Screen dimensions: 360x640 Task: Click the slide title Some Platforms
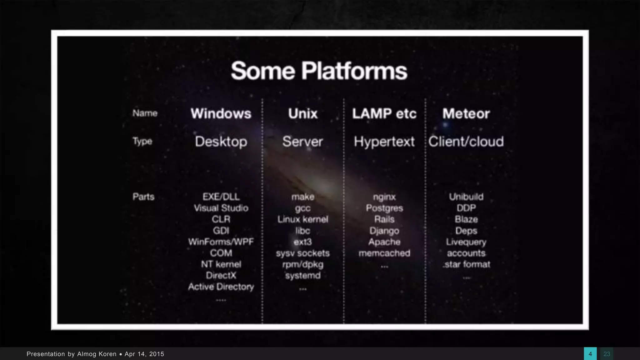[319, 71]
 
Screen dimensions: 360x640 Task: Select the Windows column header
[221, 113]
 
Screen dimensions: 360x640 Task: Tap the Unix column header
[303, 113]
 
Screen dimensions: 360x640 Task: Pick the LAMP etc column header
[384, 113]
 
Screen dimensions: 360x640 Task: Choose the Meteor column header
[466, 113]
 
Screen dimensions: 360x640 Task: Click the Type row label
[142, 141]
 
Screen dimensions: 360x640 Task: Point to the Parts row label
[143, 197]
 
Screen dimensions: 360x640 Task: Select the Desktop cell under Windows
[221, 142]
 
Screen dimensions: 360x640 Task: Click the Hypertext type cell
[384, 142]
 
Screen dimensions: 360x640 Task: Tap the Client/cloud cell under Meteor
[466, 142]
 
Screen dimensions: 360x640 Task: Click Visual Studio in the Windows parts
[221, 208]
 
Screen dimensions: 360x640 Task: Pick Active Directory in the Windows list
[221, 287]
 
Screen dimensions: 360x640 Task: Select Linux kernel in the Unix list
[303, 219]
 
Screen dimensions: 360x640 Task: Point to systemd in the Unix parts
[303, 276]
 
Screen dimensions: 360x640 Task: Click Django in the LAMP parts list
[384, 231]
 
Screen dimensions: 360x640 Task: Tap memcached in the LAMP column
[384, 253]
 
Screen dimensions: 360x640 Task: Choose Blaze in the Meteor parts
[466, 219]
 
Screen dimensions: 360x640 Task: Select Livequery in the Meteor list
[466, 242]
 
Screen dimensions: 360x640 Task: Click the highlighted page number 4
[590, 354]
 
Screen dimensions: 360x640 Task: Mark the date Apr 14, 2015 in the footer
[144, 354]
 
